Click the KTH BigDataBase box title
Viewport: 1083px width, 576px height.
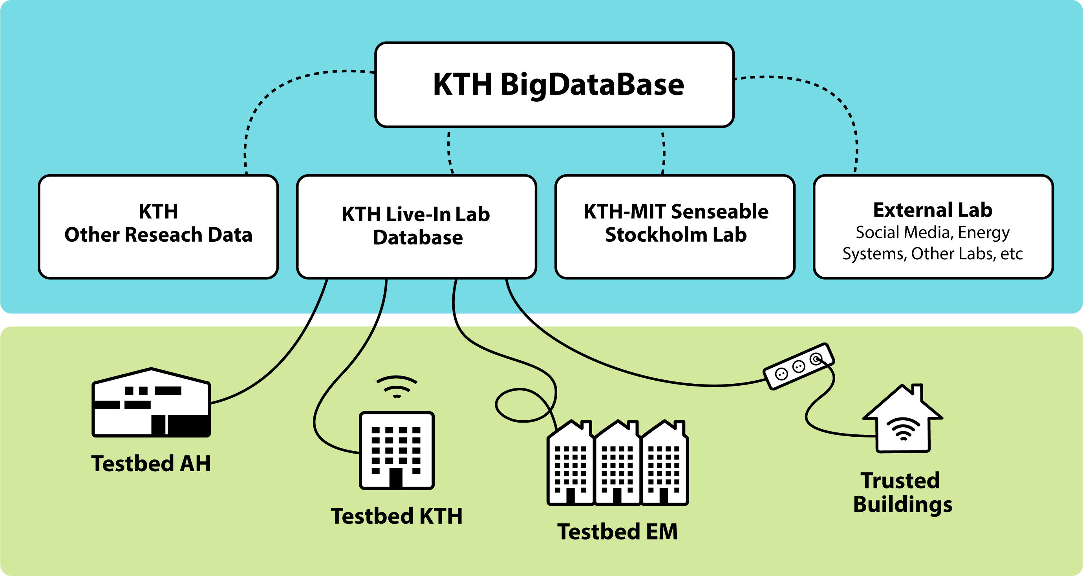558,84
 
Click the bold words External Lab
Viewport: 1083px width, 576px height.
933,210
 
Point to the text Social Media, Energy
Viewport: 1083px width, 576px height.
933,232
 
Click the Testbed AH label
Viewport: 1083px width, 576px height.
151,463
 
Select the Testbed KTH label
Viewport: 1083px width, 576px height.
397,516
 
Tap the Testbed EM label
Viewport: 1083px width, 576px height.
617,532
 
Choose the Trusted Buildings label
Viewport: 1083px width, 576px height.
902,492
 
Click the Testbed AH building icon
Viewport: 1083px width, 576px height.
151,403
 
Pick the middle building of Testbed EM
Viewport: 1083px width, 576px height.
617,464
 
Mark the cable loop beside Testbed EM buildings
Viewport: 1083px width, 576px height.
521,405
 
